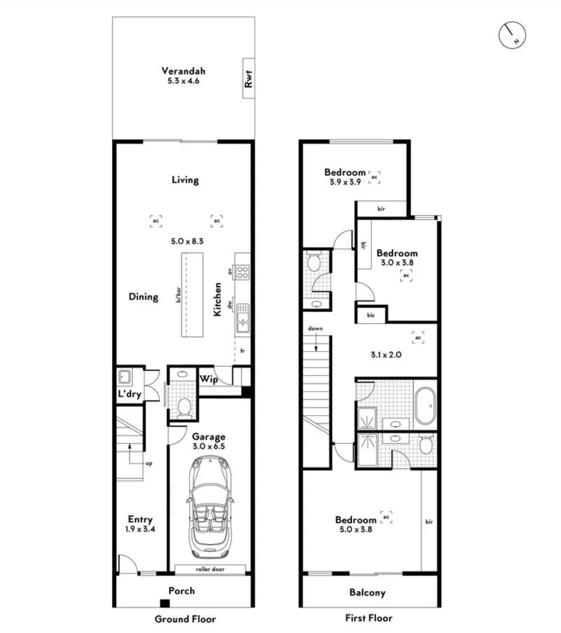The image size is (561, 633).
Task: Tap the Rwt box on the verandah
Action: (248, 79)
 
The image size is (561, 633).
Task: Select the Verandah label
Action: (183, 72)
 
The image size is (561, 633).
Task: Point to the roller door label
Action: (209, 569)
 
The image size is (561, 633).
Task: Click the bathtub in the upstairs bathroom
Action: (425, 405)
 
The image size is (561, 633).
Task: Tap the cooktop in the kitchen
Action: (242, 272)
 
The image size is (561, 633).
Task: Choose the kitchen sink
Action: (242, 319)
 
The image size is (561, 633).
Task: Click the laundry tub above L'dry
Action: (124, 376)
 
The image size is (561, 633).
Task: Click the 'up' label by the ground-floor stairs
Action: (148, 463)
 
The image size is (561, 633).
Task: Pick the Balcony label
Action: (367, 593)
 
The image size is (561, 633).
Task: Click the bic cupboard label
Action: (371, 316)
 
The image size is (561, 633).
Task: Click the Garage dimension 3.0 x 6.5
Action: (208, 446)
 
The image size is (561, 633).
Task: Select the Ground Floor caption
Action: (185, 619)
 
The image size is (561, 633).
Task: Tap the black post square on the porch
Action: (165, 604)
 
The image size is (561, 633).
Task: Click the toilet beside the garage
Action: (184, 406)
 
